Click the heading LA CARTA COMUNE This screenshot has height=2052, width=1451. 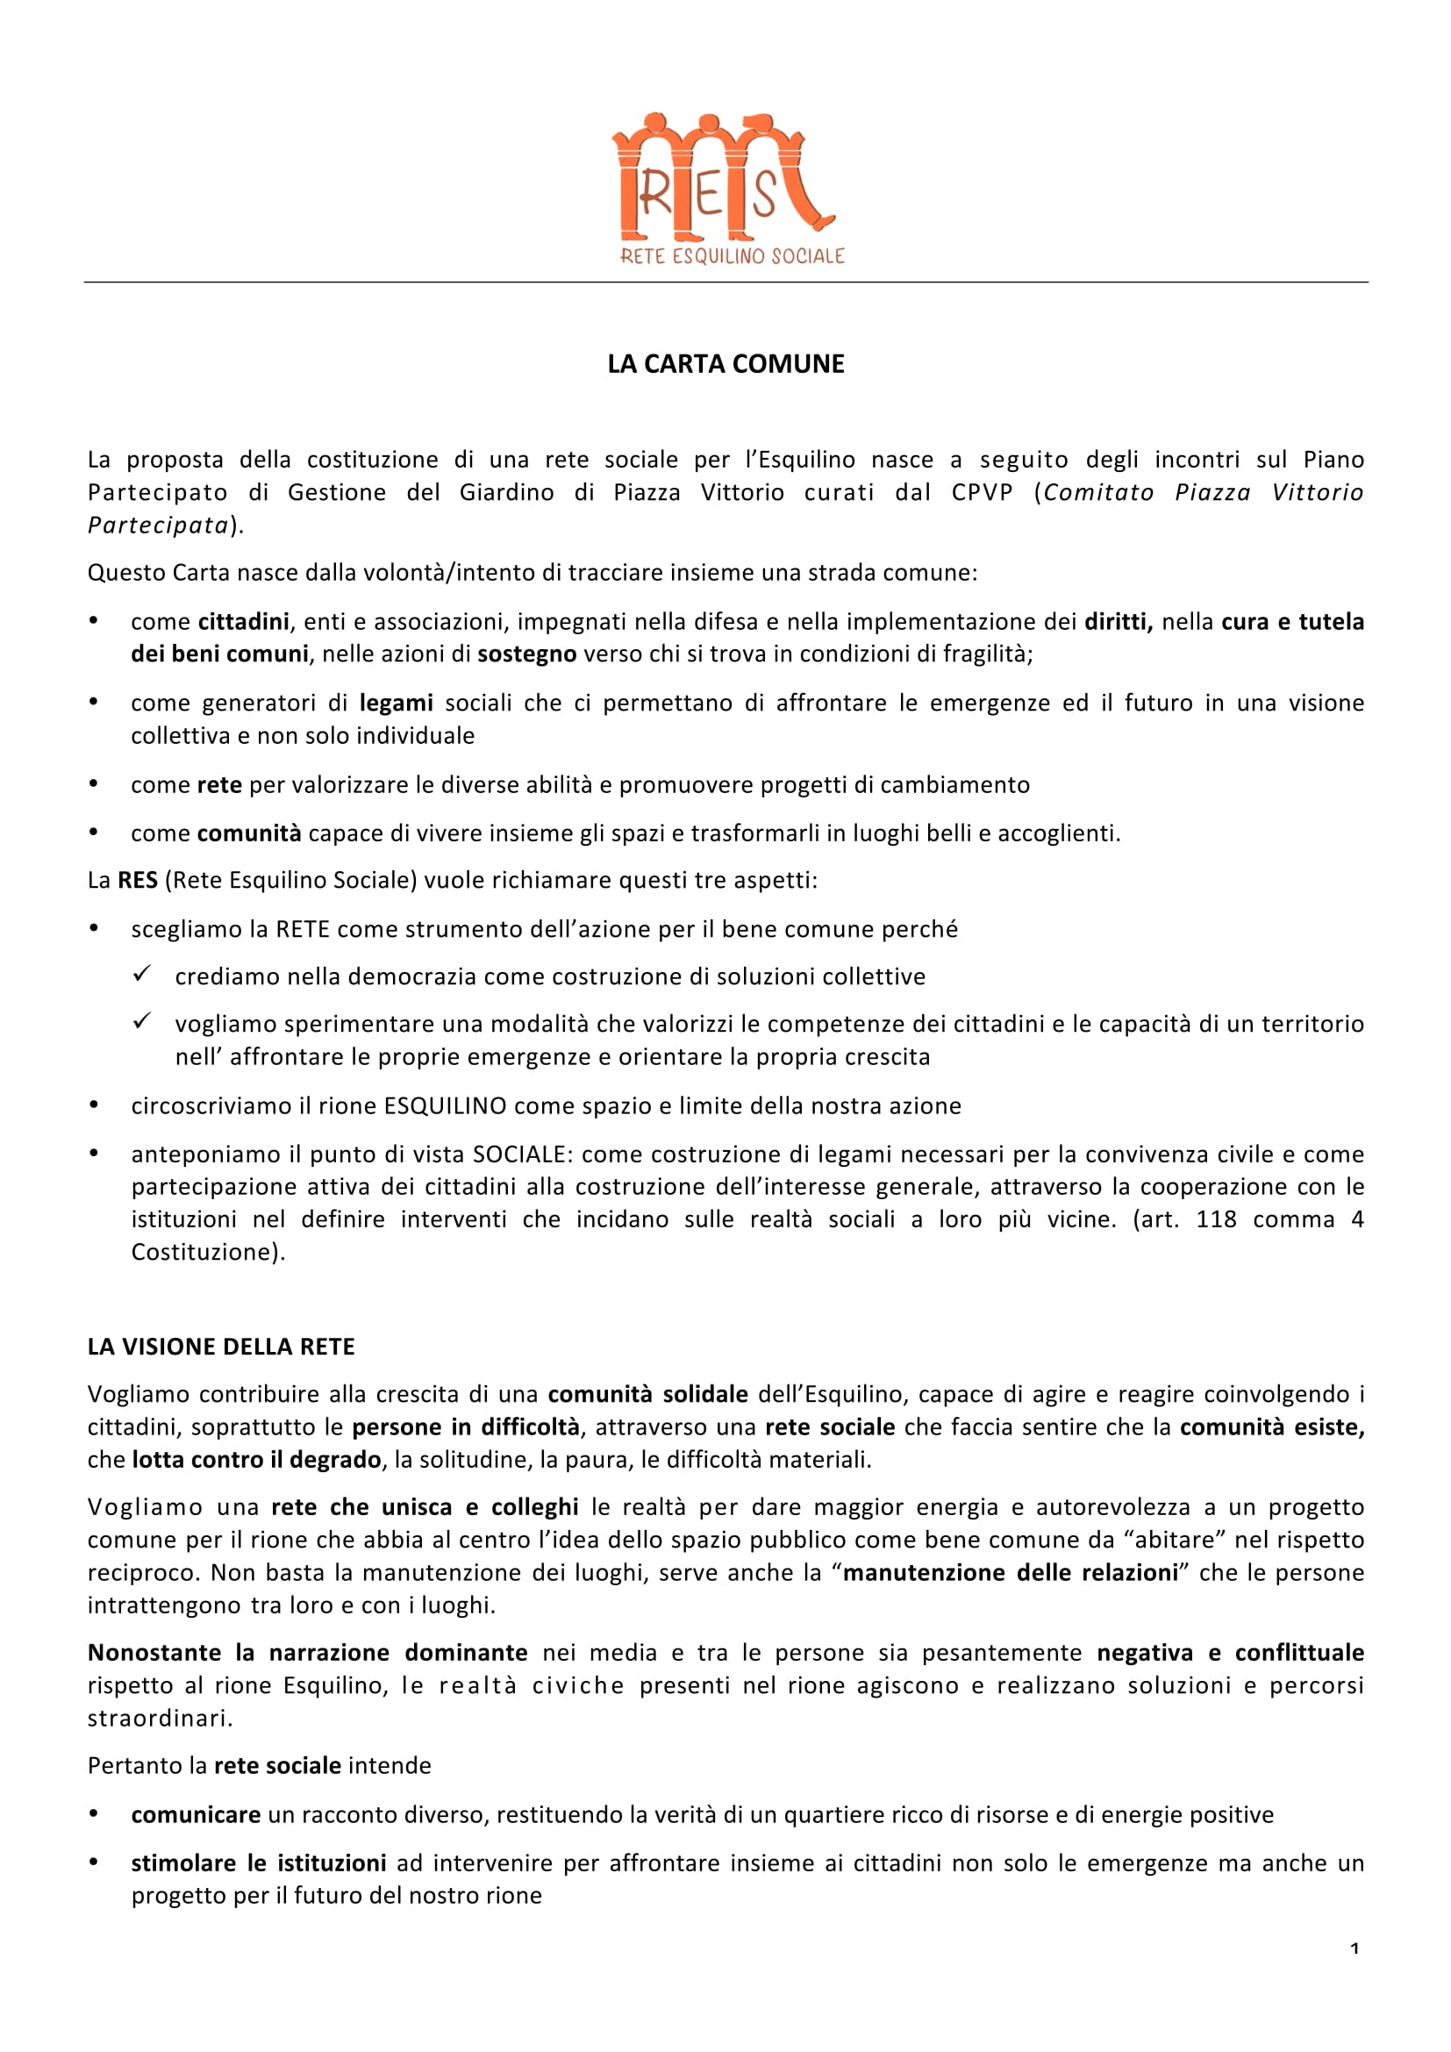[725, 364]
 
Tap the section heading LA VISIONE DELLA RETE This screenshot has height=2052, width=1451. [221, 1347]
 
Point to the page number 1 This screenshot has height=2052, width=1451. [1355, 1948]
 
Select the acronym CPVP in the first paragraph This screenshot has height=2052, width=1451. [981, 492]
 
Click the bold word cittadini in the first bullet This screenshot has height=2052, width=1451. [243, 622]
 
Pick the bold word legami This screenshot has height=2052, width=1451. [396, 704]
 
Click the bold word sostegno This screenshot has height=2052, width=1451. [526, 654]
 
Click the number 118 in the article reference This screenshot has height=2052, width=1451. [1216, 1220]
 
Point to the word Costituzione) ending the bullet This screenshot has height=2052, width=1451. [208, 1252]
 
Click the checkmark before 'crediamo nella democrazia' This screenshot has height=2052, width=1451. [142, 974]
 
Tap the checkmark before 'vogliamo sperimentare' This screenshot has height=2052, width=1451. [142, 1021]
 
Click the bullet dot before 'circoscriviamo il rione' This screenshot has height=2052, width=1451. [94, 1106]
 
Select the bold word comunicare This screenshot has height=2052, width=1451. [196, 1815]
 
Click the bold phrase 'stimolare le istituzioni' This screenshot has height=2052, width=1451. [258, 1863]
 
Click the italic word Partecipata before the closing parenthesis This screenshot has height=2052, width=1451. [158, 526]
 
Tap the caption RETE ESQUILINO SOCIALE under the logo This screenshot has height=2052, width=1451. [732, 256]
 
